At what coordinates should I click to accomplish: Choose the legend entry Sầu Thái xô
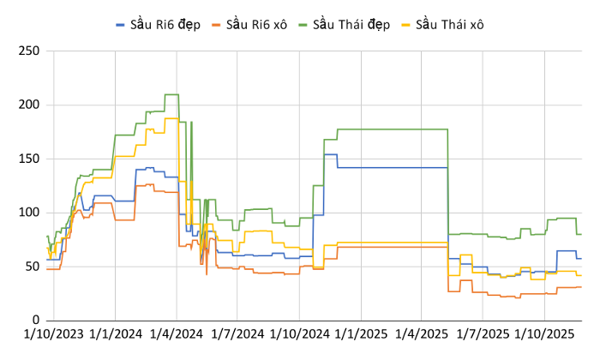click(449, 24)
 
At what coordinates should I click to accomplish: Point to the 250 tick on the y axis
click(30, 51)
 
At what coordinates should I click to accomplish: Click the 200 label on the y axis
click(30, 105)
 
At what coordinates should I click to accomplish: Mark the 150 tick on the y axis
click(30, 159)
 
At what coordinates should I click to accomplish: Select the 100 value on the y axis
click(30, 213)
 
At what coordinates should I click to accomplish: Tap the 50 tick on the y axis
click(33, 266)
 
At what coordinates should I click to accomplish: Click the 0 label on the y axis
click(36, 320)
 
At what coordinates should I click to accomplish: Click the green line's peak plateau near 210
click(171, 94)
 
